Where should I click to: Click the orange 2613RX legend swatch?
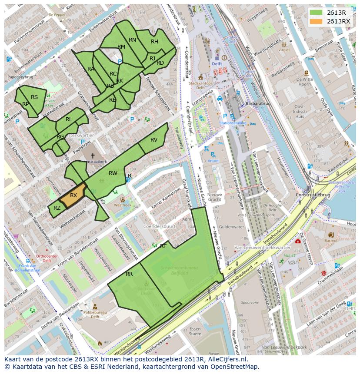click(x=317, y=21)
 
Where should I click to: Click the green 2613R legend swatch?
click(x=317, y=13)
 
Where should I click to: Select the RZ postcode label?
click(x=57, y=208)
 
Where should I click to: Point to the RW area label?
click(x=113, y=173)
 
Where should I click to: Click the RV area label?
click(x=154, y=140)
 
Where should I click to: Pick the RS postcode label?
click(x=34, y=97)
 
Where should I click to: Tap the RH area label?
click(x=154, y=42)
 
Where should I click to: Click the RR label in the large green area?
click(x=129, y=274)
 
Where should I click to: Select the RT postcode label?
click(x=163, y=246)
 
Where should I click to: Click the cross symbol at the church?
click(x=92, y=155)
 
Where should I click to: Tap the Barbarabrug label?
click(x=258, y=104)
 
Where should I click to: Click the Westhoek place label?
click(x=123, y=205)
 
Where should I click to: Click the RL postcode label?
click(x=69, y=119)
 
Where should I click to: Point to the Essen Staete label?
click(x=195, y=331)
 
